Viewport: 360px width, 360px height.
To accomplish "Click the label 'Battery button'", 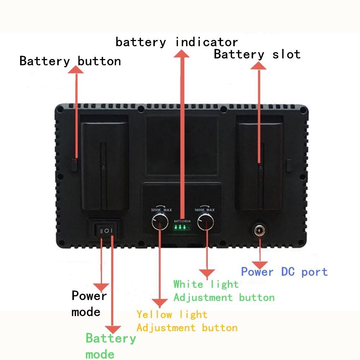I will (x=70, y=61).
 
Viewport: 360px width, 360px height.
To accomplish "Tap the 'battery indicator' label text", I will (x=176, y=42).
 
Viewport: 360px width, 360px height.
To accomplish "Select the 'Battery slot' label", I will (x=257, y=54).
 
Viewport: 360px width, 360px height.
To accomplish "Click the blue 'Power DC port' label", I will (x=284, y=271).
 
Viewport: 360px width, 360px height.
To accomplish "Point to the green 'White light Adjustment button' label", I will (x=224, y=291).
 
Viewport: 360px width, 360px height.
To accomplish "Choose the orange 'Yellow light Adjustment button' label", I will (x=187, y=321).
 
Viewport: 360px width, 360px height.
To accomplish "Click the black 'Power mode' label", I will (x=89, y=303).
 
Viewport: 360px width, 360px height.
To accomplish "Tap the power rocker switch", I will (x=106, y=230).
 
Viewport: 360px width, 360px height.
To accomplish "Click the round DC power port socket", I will (x=259, y=230).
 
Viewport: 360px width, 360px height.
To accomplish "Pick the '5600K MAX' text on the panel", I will (x=204, y=210).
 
